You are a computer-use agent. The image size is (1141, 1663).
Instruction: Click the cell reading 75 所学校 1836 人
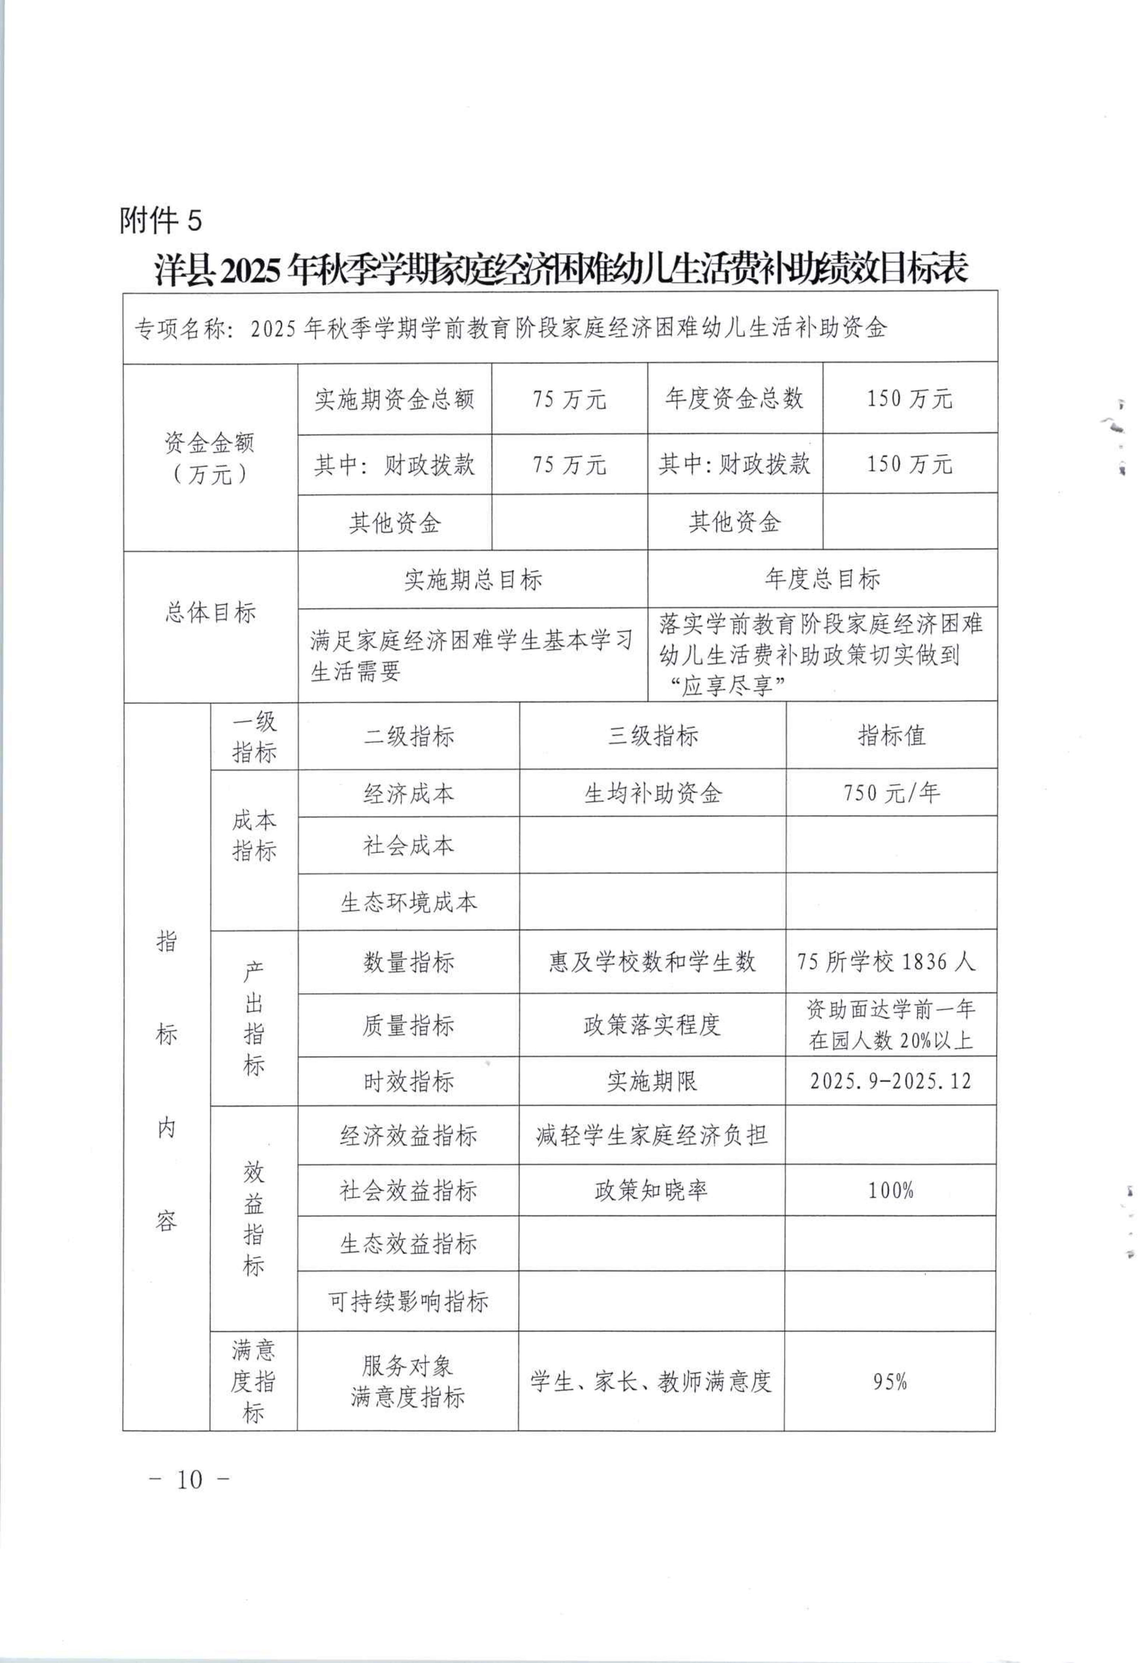click(886, 962)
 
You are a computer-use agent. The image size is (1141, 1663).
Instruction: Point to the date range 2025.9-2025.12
click(891, 1081)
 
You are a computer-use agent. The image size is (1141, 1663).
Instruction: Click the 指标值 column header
click(891, 736)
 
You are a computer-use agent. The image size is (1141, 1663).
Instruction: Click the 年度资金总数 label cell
click(735, 399)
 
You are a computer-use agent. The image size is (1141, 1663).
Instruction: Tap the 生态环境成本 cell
click(408, 902)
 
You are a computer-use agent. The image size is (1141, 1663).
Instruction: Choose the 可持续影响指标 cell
click(408, 1301)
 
